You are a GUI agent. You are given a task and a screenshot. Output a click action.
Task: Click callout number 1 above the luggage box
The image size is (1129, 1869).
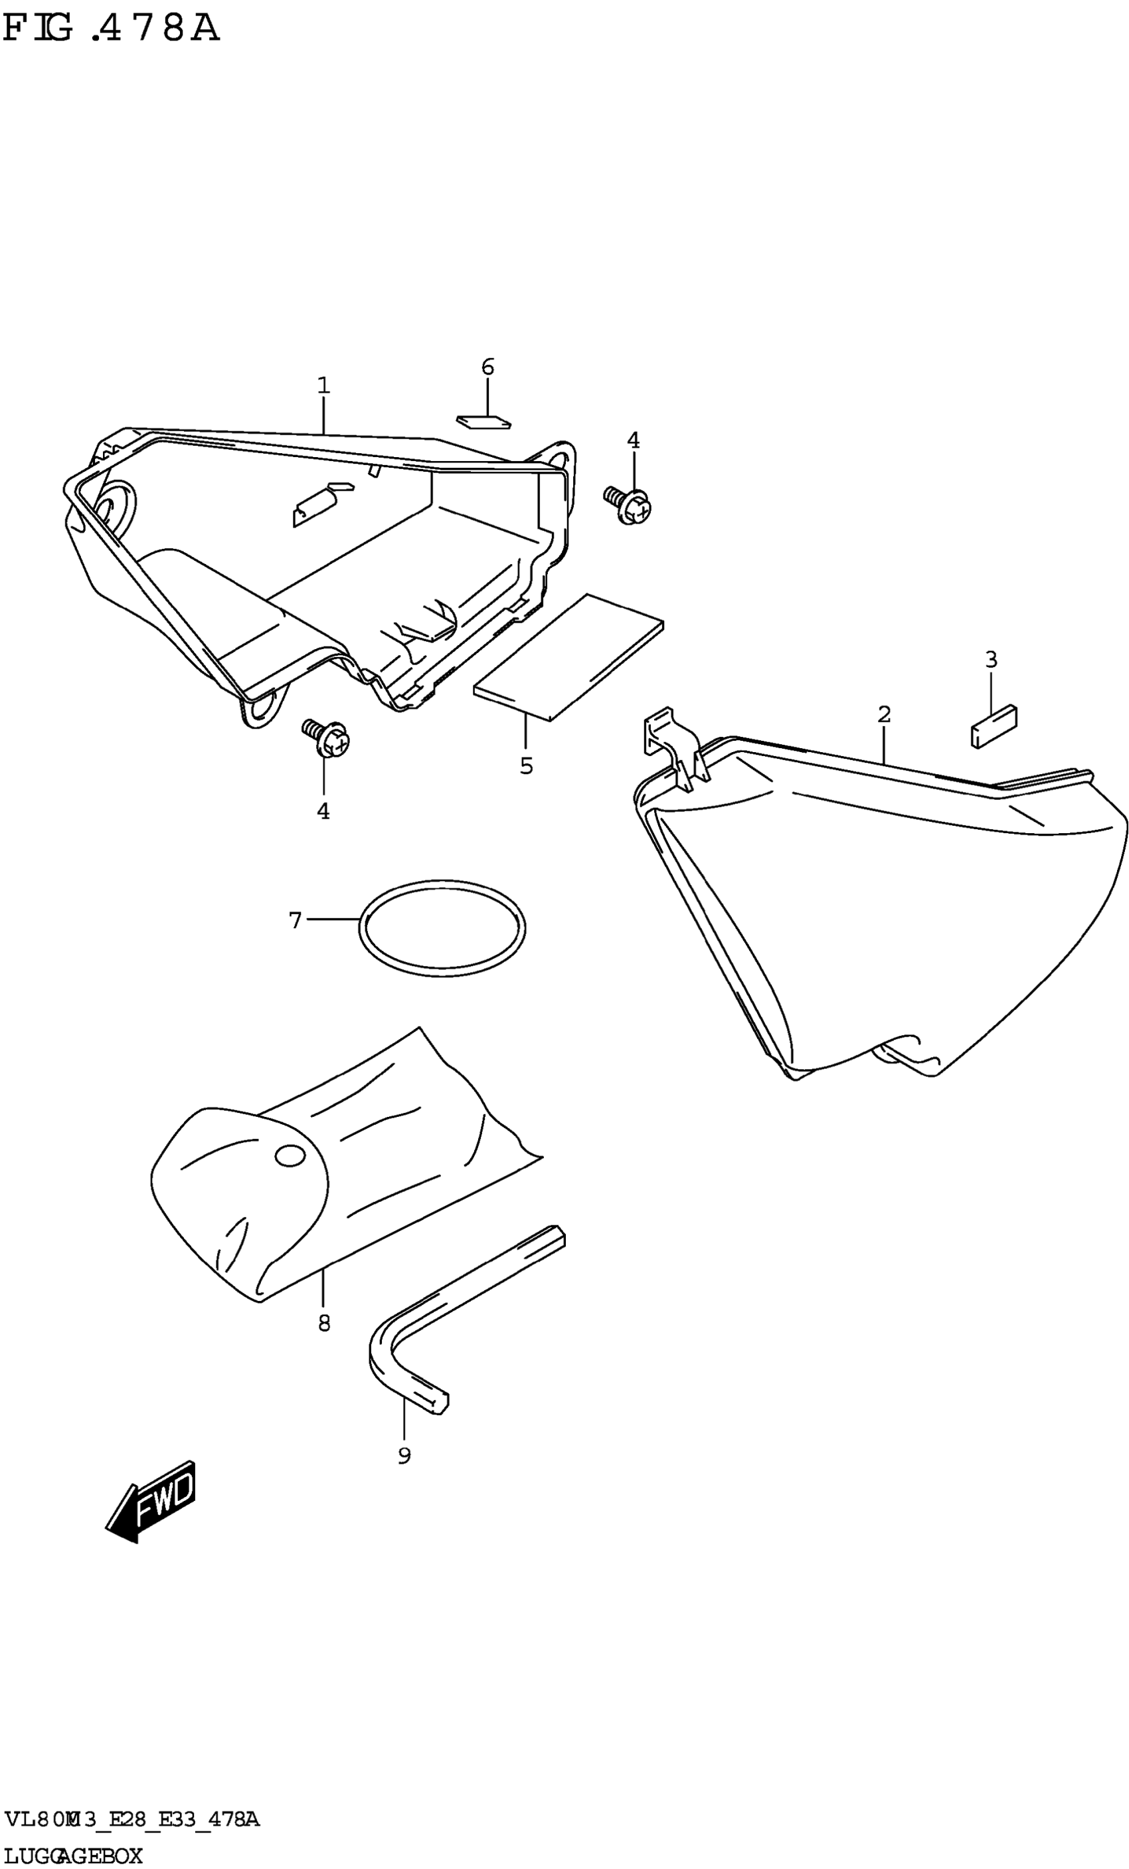(x=324, y=385)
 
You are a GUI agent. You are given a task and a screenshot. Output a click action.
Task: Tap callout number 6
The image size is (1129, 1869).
(x=487, y=367)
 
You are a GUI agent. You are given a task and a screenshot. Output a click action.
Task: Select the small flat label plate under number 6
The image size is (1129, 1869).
(x=483, y=421)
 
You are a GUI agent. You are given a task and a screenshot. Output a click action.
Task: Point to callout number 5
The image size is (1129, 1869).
(x=526, y=766)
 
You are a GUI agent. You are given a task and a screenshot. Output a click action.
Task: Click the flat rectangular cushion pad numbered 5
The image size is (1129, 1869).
(x=568, y=657)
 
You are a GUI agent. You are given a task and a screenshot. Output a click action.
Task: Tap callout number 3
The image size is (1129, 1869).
(x=991, y=660)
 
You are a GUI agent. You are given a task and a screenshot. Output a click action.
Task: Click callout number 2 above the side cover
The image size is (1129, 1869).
(x=884, y=714)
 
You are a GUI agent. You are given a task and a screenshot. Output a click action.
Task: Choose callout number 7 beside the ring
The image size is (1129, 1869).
(x=296, y=921)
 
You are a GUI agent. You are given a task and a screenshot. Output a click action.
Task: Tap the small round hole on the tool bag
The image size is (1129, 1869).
(x=289, y=1156)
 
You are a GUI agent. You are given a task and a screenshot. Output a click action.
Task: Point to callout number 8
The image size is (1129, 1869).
(x=324, y=1324)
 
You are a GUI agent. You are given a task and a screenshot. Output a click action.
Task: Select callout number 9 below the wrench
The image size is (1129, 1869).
(x=404, y=1456)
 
